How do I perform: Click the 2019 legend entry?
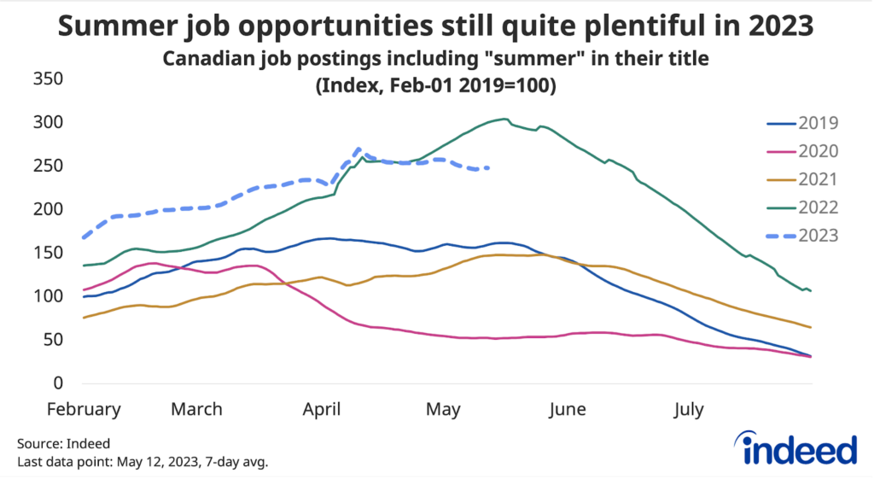click(x=802, y=123)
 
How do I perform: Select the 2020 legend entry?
click(x=802, y=151)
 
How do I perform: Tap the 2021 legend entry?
click(x=802, y=178)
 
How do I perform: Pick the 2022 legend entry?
click(x=802, y=206)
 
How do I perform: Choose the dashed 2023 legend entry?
click(x=802, y=234)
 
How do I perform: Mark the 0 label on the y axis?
click(x=60, y=383)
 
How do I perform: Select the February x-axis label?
click(x=84, y=410)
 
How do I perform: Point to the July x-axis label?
click(x=688, y=410)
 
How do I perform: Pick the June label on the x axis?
click(x=568, y=410)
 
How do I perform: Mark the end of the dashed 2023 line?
click(x=488, y=168)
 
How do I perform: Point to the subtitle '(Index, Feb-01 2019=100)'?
click(x=436, y=86)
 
